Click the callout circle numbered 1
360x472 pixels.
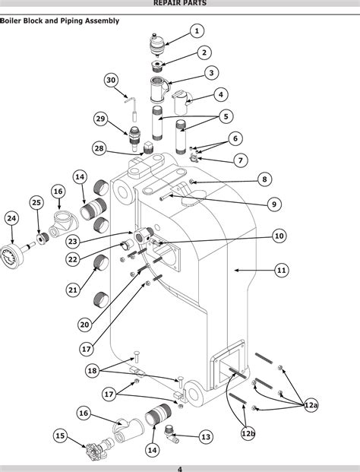pos(197,31)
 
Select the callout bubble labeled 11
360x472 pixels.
pos(281,270)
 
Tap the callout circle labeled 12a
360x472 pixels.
pos(311,406)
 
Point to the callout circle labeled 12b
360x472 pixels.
pos(248,433)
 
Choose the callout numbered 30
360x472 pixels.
pos(111,81)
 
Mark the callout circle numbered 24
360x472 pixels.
pos(11,218)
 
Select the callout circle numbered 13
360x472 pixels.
pos(205,437)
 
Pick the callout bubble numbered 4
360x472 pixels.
pos(221,95)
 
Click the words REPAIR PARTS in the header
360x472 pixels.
pos(179,4)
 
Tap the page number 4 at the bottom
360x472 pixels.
pos(179,468)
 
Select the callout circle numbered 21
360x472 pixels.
pos(73,290)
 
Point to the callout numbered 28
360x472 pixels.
pos(99,148)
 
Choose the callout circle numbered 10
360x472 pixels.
pos(279,236)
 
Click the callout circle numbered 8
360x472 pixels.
pos(264,179)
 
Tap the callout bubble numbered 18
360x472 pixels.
pos(92,370)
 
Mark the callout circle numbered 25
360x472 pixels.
pos(36,202)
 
